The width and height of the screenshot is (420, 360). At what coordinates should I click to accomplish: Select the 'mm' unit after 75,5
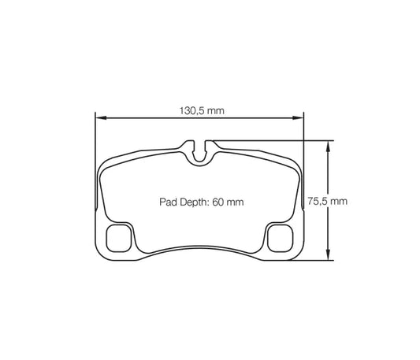pos(339,201)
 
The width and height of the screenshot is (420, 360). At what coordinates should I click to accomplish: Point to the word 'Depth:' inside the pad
pos(189,202)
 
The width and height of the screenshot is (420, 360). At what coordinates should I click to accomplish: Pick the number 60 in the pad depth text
pos(217,202)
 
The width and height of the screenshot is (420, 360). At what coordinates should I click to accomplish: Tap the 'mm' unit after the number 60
pos(234,202)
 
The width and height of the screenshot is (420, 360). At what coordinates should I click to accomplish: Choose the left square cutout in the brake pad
pos(120,237)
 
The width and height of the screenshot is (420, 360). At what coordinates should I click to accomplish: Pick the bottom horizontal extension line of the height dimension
pos(315,258)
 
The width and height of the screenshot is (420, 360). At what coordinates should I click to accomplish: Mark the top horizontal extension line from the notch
pos(268,141)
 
